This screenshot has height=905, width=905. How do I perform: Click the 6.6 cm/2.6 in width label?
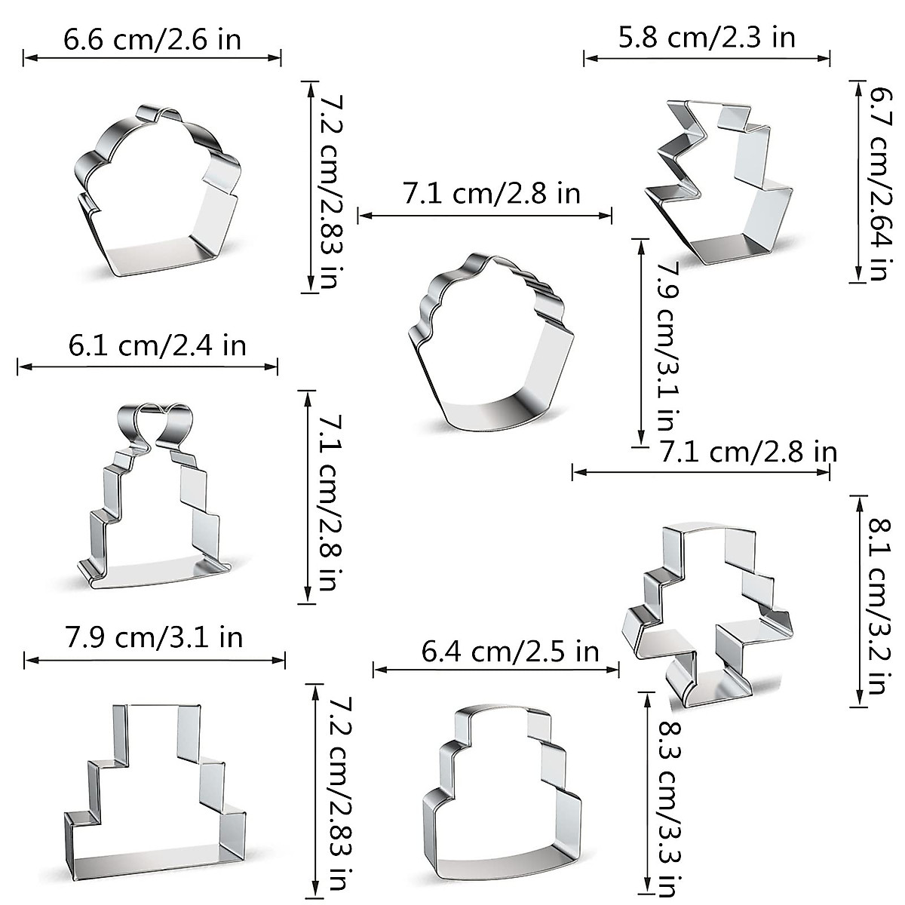152,39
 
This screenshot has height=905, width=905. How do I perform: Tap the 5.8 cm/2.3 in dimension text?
707,36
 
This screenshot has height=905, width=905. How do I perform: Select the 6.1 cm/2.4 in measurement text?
158,346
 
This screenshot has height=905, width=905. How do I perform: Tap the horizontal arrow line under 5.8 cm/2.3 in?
707,58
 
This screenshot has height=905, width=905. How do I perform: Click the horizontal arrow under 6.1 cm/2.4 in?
148,367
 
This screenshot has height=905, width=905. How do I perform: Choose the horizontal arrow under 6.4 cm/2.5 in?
497,668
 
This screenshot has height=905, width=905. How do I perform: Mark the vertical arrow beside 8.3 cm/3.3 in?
646,790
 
